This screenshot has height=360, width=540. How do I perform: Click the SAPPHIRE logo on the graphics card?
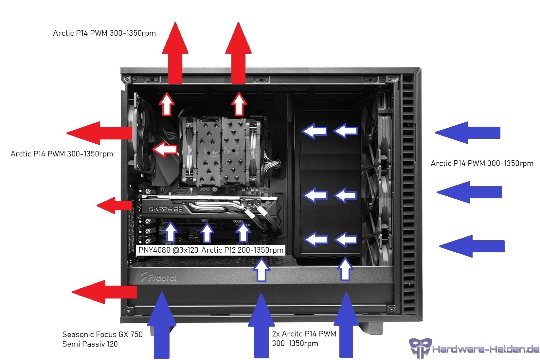pyautogui.click(x=165, y=209)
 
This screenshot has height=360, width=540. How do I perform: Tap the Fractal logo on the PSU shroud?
pyautogui.click(x=159, y=277)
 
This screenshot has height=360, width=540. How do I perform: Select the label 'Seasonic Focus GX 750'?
pyautogui.click(x=102, y=334)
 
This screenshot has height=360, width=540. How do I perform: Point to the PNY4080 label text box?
pyautogui.click(x=211, y=250)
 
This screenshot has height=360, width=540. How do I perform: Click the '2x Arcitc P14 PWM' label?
pyautogui.click(x=304, y=334)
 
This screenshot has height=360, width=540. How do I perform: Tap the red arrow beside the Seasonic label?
pyautogui.click(x=104, y=292)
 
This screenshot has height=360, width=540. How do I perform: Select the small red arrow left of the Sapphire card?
pyautogui.click(x=115, y=206)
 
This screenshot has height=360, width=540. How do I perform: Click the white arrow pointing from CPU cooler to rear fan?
pyautogui.click(x=165, y=149)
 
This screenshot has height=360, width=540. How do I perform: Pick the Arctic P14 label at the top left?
pyautogui.click(x=104, y=33)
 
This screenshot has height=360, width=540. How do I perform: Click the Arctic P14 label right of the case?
pyautogui.click(x=482, y=163)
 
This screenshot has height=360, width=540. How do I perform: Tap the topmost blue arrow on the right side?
pyautogui.click(x=467, y=133)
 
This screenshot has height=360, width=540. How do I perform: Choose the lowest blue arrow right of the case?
pyautogui.click(x=472, y=246)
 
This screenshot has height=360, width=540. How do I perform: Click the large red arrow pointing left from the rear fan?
pyautogui.click(x=99, y=133)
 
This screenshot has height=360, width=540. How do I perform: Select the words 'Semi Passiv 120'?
pyautogui.click(x=90, y=344)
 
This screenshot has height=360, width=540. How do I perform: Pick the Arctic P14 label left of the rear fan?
pyautogui.click(x=62, y=154)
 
